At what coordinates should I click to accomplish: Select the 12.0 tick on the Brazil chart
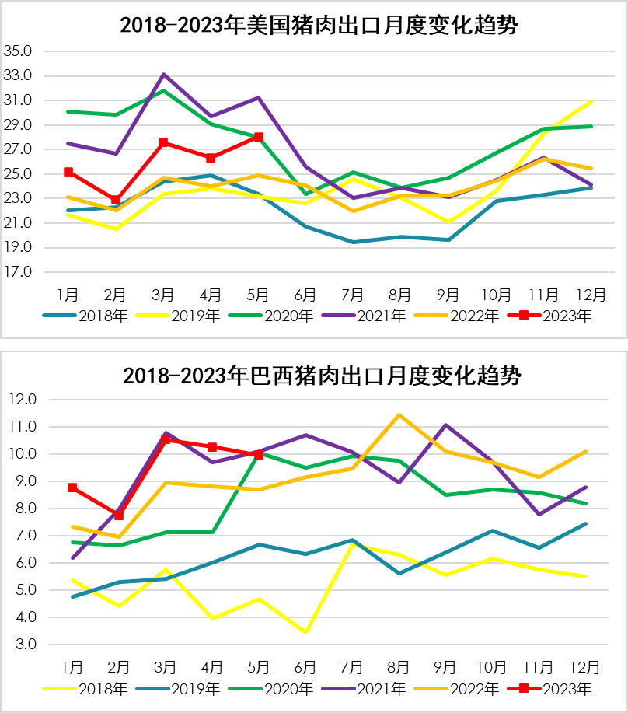(22, 400)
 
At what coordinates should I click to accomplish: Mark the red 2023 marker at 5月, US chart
(258, 137)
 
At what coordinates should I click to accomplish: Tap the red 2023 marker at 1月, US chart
(68, 172)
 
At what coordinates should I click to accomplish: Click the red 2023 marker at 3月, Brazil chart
(165, 439)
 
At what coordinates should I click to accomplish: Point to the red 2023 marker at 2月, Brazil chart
(118, 515)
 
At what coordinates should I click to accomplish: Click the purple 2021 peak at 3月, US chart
(164, 74)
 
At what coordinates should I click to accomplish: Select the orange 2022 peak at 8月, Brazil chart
(399, 414)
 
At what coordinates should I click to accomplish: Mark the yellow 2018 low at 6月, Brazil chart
(305, 632)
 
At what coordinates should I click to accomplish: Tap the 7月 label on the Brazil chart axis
(353, 667)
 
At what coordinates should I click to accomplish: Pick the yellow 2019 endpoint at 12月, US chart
(592, 101)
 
